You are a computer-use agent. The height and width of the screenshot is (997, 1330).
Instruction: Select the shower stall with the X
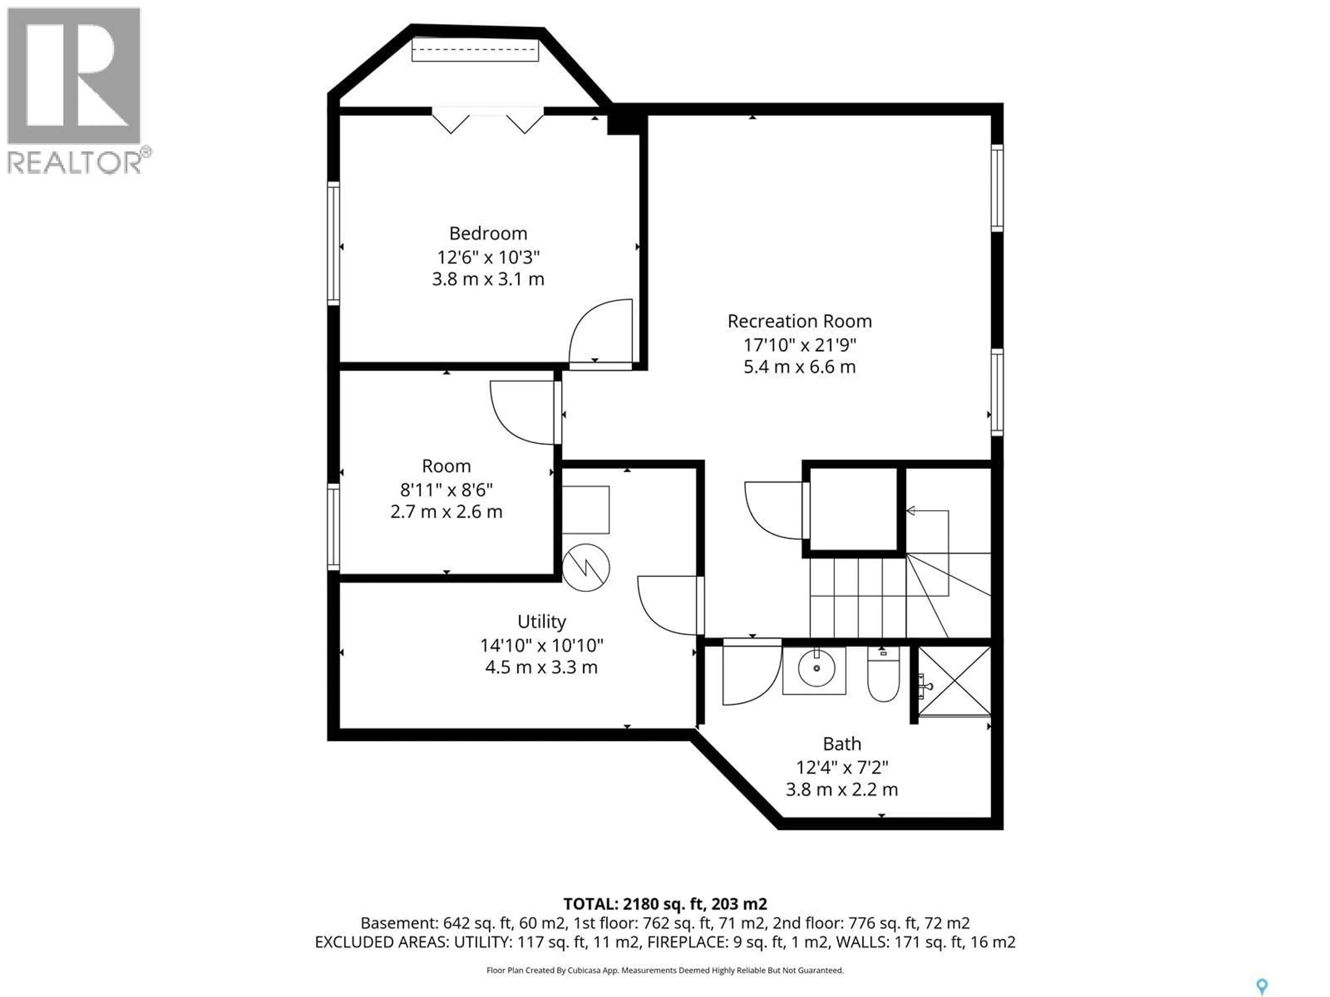954,682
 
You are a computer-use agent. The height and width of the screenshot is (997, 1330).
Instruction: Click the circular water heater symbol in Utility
586,567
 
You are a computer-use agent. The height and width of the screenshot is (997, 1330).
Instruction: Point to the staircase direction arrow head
910,511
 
